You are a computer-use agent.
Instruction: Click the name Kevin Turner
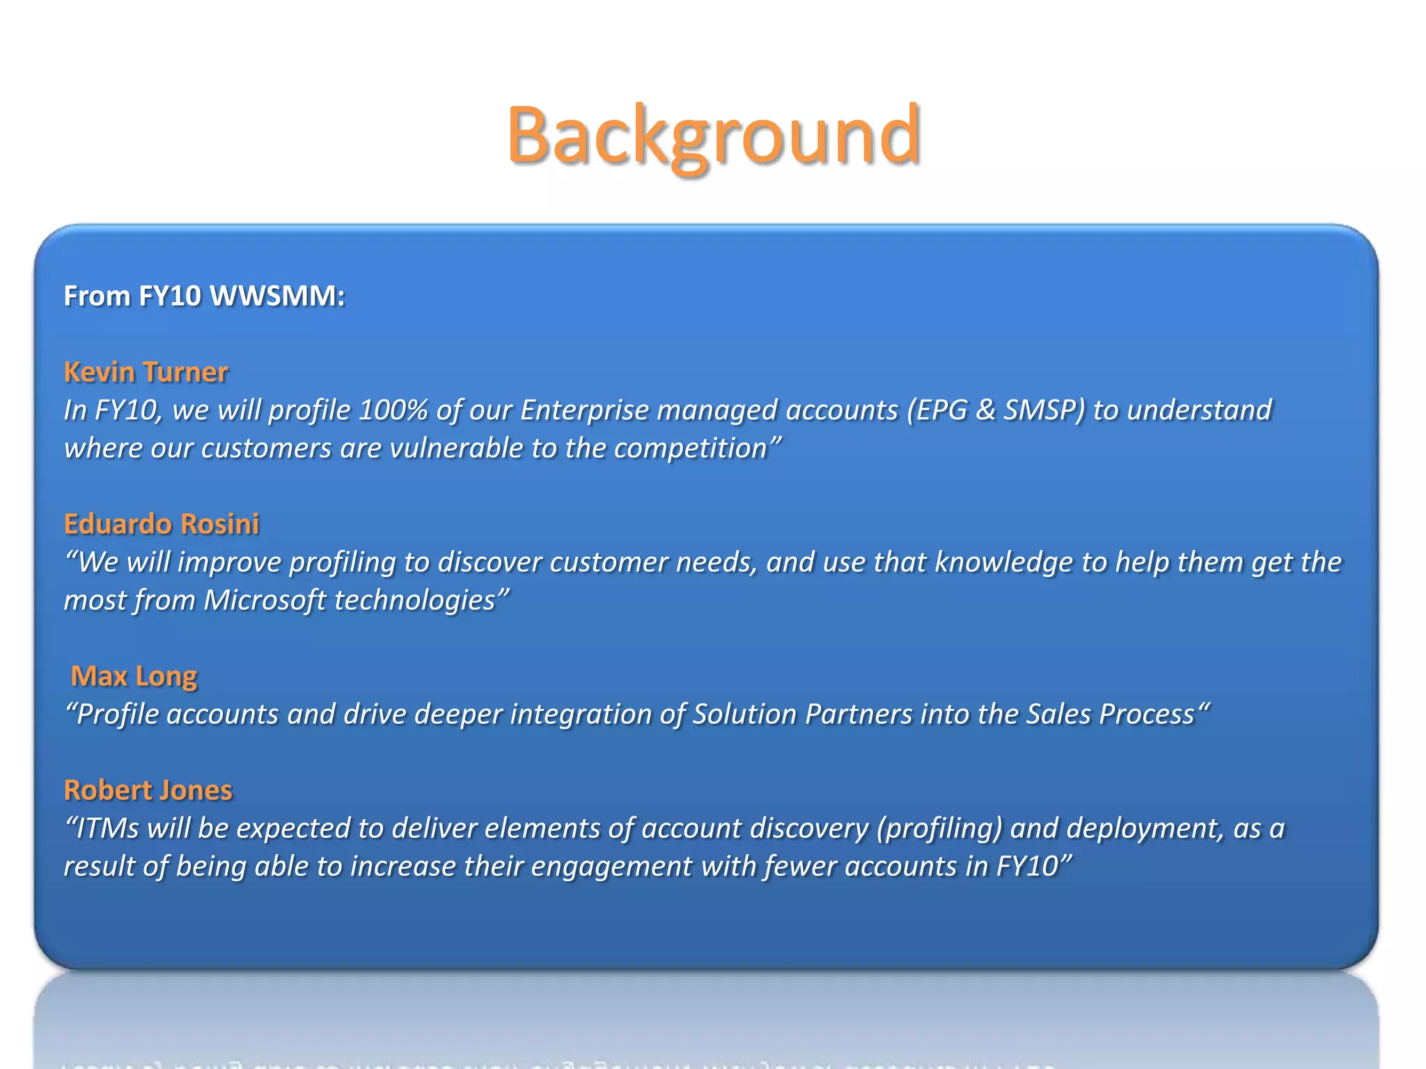146,372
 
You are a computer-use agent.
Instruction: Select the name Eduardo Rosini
162,523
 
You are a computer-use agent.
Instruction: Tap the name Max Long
134,676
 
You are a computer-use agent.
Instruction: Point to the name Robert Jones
148,790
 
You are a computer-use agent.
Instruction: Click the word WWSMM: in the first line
277,296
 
